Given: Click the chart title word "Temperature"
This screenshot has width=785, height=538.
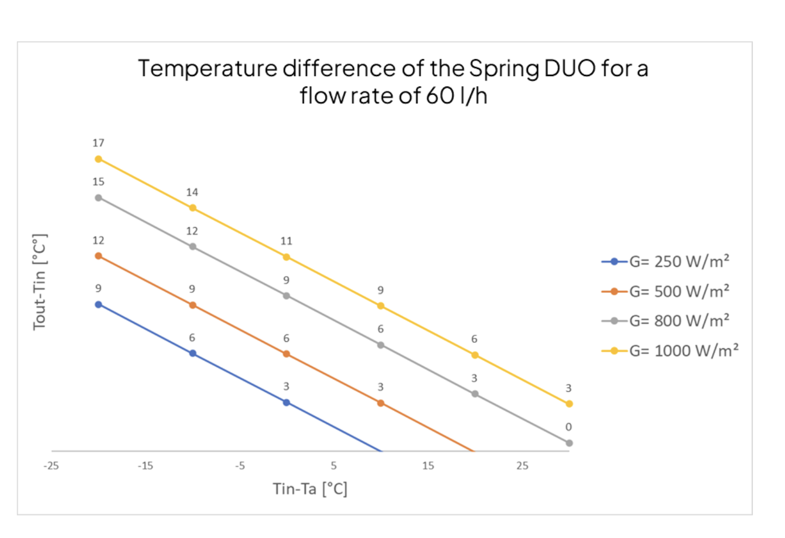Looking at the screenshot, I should point(207,69).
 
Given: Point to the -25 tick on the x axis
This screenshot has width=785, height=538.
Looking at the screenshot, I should point(51,466).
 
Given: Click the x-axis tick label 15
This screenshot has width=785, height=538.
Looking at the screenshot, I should point(428,466).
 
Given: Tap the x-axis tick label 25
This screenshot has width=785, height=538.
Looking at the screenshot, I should point(522,466).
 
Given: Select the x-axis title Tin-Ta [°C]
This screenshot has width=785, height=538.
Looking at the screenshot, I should point(310,489).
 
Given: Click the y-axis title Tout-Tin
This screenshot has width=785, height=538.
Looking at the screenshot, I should point(40,282).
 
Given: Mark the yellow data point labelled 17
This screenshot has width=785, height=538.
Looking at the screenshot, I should point(98,159).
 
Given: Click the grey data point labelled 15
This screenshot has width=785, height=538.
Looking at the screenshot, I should point(98,198).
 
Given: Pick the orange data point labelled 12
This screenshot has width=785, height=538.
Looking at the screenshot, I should point(98,256).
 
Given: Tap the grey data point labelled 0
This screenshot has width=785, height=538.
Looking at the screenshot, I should point(569,443).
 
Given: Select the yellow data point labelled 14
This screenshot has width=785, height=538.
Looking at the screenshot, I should point(192,208).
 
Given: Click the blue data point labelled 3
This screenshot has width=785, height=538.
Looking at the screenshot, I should point(286,403).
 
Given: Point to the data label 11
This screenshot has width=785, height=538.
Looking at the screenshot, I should point(286,241).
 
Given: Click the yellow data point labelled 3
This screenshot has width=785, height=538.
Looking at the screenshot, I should point(569,404).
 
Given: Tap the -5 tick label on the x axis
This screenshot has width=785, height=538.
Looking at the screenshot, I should point(240,466).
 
